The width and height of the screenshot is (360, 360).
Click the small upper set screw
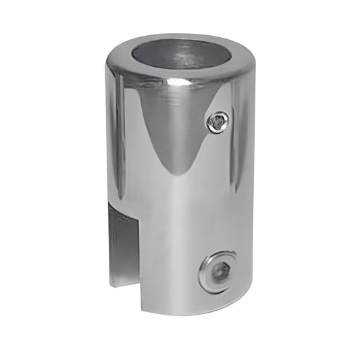pos(217,122)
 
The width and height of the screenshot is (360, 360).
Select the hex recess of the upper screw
pos(217,122)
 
